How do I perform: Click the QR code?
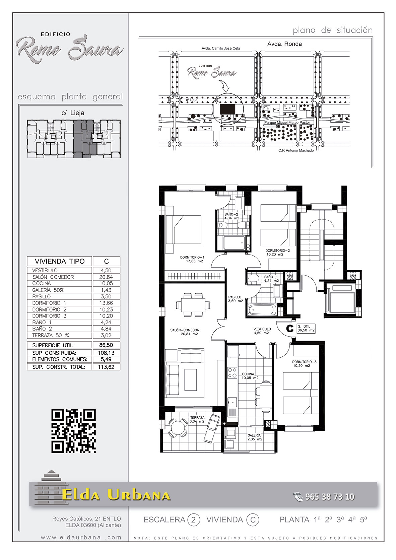(73, 431)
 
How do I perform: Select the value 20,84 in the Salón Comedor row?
(106, 277)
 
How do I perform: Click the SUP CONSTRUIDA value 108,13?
(106, 353)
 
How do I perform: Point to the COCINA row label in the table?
(42, 283)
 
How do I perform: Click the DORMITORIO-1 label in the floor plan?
(192, 259)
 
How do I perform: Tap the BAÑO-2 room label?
(231, 216)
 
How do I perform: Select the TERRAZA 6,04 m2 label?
(197, 419)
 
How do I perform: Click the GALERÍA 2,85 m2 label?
(255, 437)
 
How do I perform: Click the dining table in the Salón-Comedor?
(193, 305)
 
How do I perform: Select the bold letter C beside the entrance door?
(290, 329)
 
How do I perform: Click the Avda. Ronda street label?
(284, 44)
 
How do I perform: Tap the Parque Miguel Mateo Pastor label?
(287, 123)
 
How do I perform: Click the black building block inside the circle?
(227, 109)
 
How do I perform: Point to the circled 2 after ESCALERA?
(193, 520)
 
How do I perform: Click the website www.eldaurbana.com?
(81, 537)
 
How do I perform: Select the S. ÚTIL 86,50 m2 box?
(306, 328)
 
